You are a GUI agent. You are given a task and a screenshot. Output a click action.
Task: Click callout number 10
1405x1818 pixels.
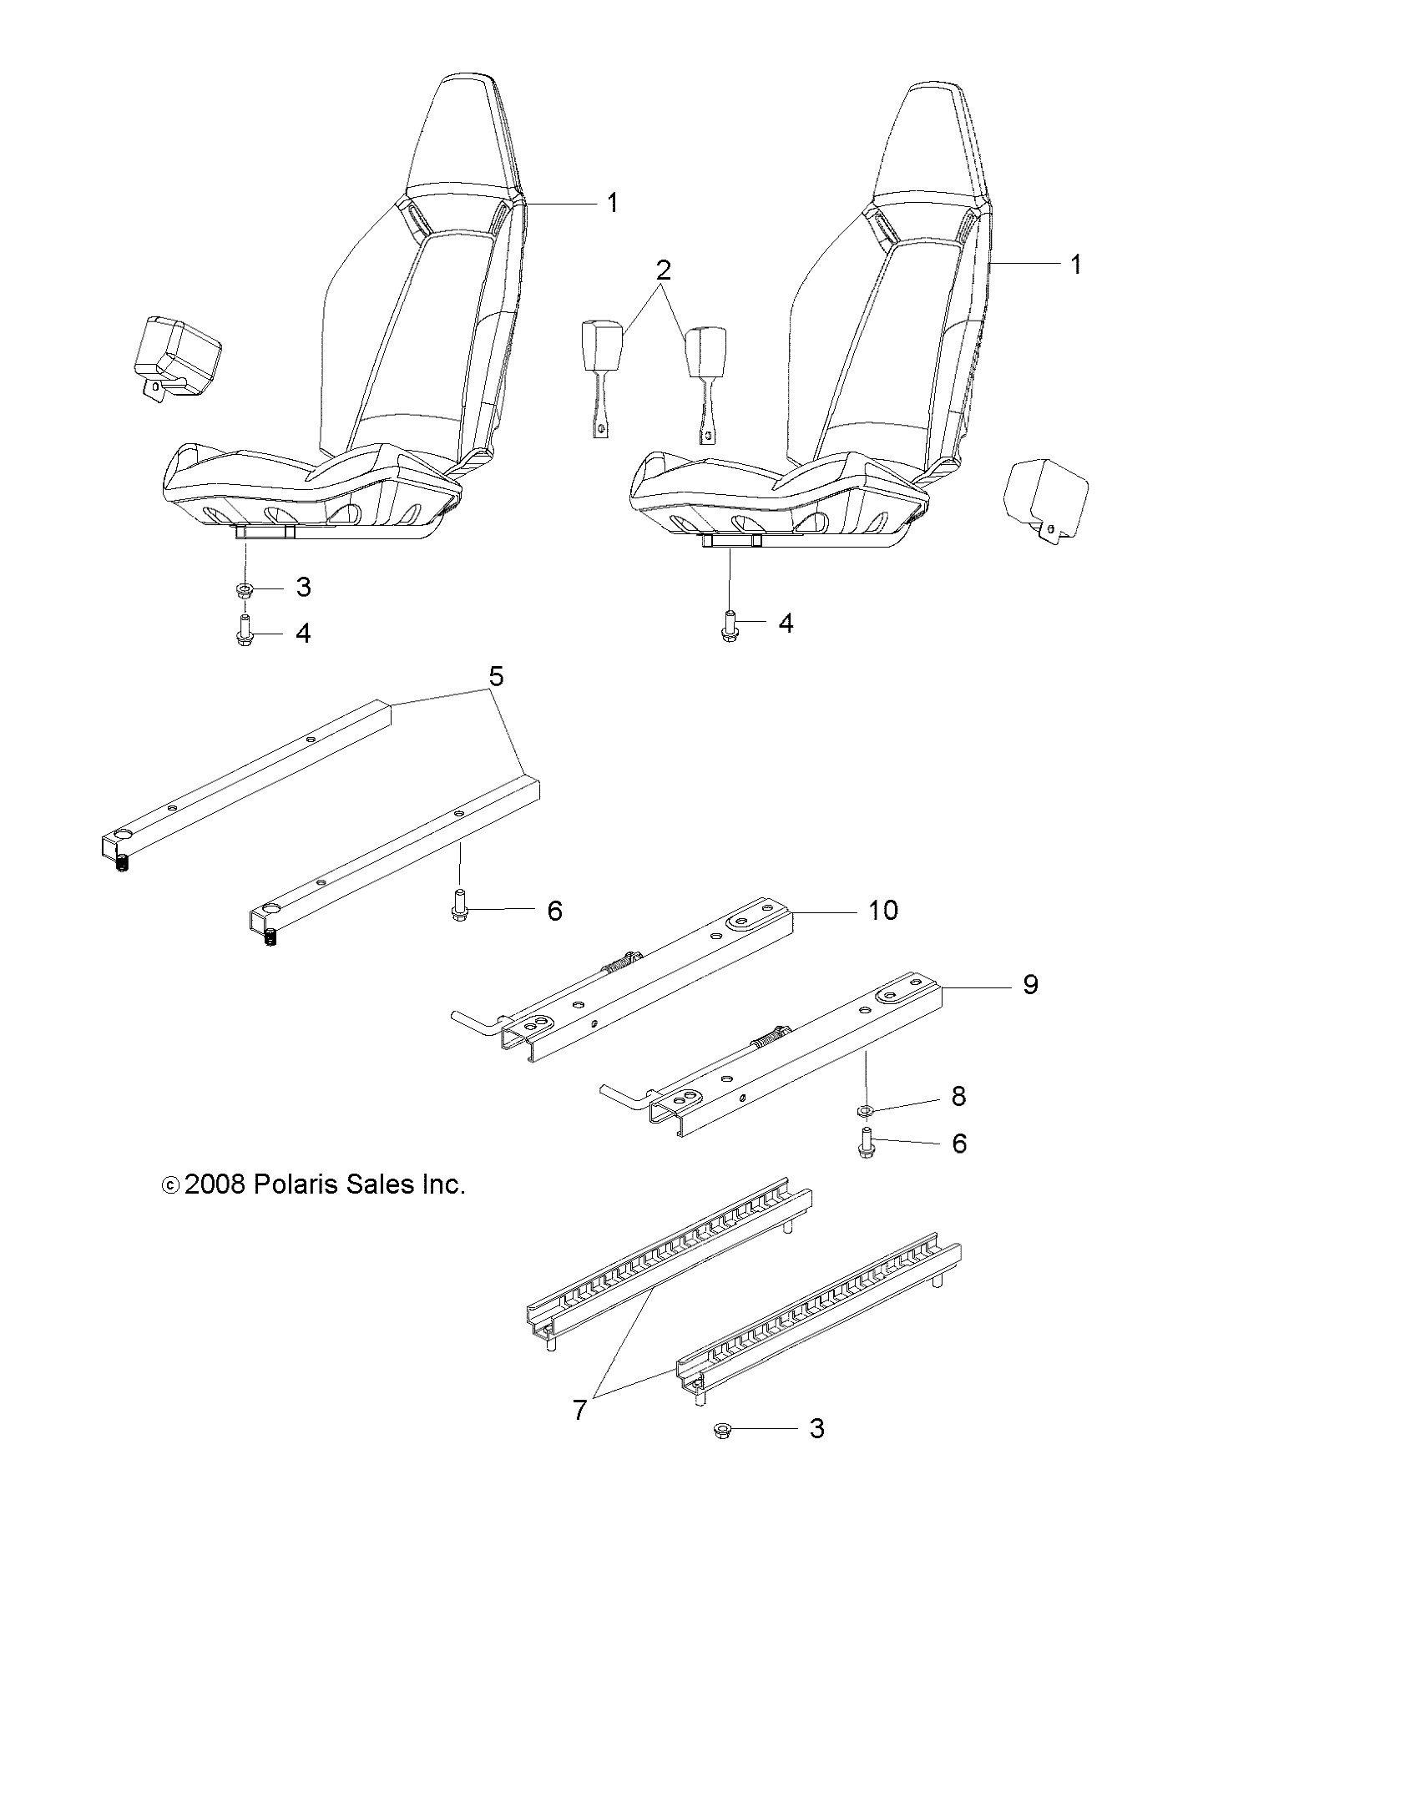pos(882,911)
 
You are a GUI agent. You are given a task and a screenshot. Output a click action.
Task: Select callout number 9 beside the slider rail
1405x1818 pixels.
pos(1030,985)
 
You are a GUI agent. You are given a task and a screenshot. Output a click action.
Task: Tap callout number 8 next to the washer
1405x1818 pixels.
pos(958,1096)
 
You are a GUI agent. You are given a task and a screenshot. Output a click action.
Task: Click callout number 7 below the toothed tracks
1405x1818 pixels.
pos(580,1410)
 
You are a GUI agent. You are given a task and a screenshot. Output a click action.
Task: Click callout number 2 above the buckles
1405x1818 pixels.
pos(663,270)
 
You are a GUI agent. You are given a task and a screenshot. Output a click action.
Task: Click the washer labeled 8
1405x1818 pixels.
pos(866,1110)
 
